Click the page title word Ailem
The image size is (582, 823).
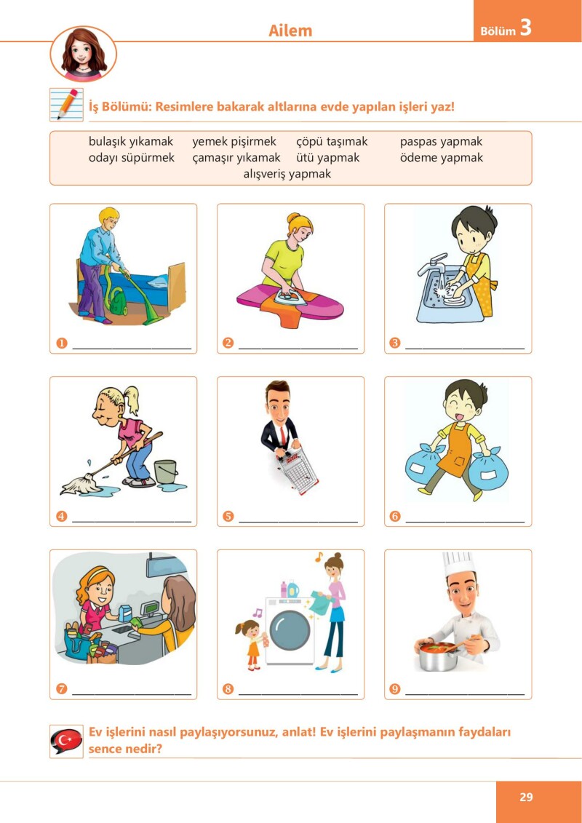tap(290, 31)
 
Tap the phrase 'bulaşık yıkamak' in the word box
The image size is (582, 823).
tap(131, 141)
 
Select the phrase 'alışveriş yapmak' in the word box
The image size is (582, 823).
tap(287, 174)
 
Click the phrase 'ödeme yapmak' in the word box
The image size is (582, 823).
tap(442, 157)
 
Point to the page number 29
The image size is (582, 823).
tap(526, 798)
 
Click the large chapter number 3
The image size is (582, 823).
tap(525, 28)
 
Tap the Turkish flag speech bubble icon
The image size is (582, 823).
tap(66, 741)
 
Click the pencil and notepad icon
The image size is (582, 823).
tap(66, 104)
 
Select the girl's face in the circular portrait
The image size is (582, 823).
tap(84, 52)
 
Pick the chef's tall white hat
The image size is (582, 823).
tap(458, 563)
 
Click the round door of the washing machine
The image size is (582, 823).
tap(290, 630)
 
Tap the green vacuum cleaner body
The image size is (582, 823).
tap(118, 303)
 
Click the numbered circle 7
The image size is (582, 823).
tap(62, 688)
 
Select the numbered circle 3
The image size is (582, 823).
tap(394, 343)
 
